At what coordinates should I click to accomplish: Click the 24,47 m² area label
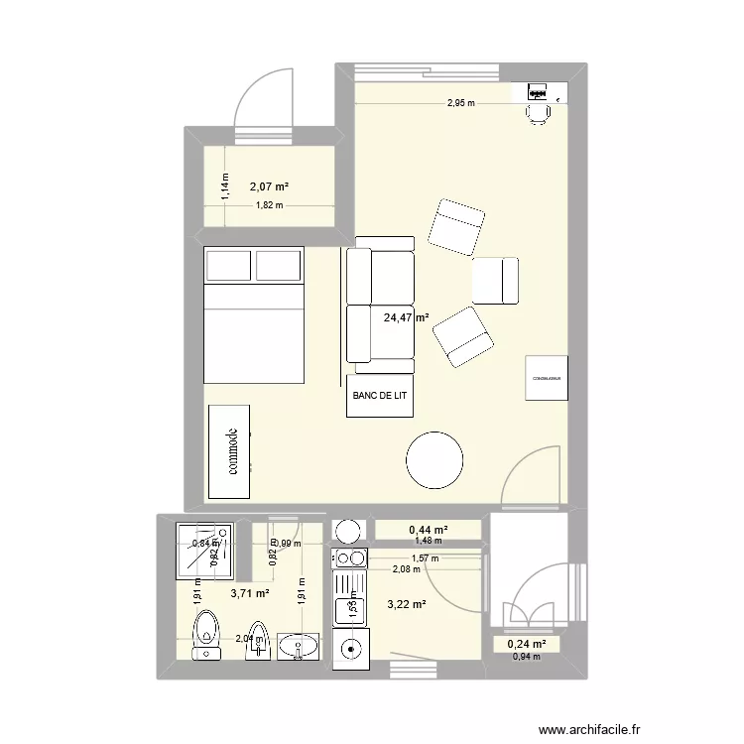(406, 318)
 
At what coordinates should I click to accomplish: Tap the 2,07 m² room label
(269, 186)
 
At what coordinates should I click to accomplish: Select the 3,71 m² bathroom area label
(250, 593)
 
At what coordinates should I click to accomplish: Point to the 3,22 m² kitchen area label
(407, 604)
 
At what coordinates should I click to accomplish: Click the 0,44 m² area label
(428, 530)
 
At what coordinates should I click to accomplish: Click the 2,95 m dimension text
(460, 103)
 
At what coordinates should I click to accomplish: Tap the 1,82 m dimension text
(269, 206)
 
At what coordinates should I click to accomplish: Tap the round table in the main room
(434, 459)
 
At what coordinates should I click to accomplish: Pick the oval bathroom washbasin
(300, 647)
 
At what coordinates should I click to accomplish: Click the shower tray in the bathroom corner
(206, 550)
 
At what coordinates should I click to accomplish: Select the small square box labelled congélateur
(547, 378)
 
